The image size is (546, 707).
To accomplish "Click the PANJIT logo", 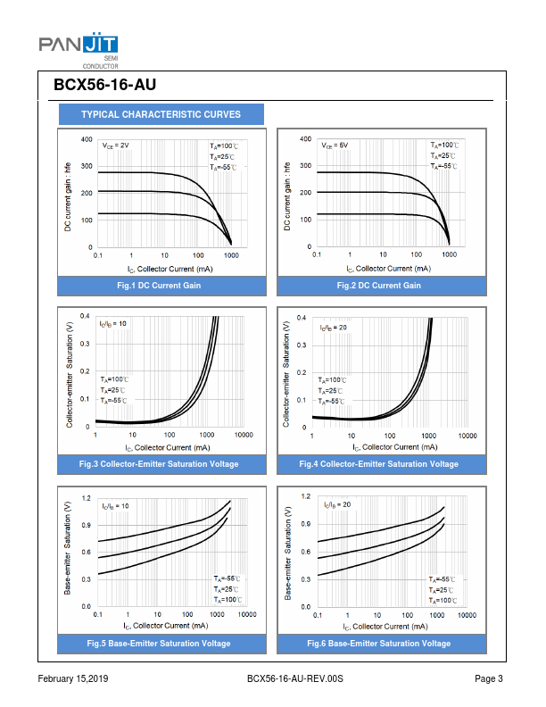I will tap(79, 46).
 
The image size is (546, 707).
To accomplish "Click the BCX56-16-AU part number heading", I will tap(105, 86).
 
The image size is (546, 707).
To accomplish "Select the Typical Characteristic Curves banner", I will tap(161, 114).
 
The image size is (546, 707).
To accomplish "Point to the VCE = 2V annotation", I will tap(115, 145).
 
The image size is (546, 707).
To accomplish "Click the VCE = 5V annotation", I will tap(335, 145).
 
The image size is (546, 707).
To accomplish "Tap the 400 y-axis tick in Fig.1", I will tap(86, 139).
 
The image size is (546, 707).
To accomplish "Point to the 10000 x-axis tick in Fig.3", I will tap(243, 435).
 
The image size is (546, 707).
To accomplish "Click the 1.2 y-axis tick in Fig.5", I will tap(86, 497).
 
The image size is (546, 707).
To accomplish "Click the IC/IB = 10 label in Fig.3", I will tap(112, 323).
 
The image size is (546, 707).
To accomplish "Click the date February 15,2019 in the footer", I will tap(74, 680).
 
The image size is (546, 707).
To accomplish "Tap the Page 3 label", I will tap(489, 680).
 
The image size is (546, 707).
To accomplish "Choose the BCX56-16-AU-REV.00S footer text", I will tap(294, 680).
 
